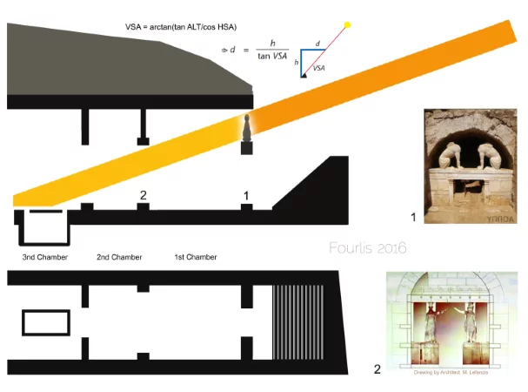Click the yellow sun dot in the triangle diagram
(347, 24)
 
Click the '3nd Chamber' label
(44, 258)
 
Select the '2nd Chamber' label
(119, 258)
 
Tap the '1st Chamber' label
(196, 258)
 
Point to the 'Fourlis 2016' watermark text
(367, 248)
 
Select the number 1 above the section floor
(247, 195)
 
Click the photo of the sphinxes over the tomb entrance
(470, 163)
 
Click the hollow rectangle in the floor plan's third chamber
(46, 322)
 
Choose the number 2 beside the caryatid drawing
(377, 369)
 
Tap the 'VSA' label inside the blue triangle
(317, 67)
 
